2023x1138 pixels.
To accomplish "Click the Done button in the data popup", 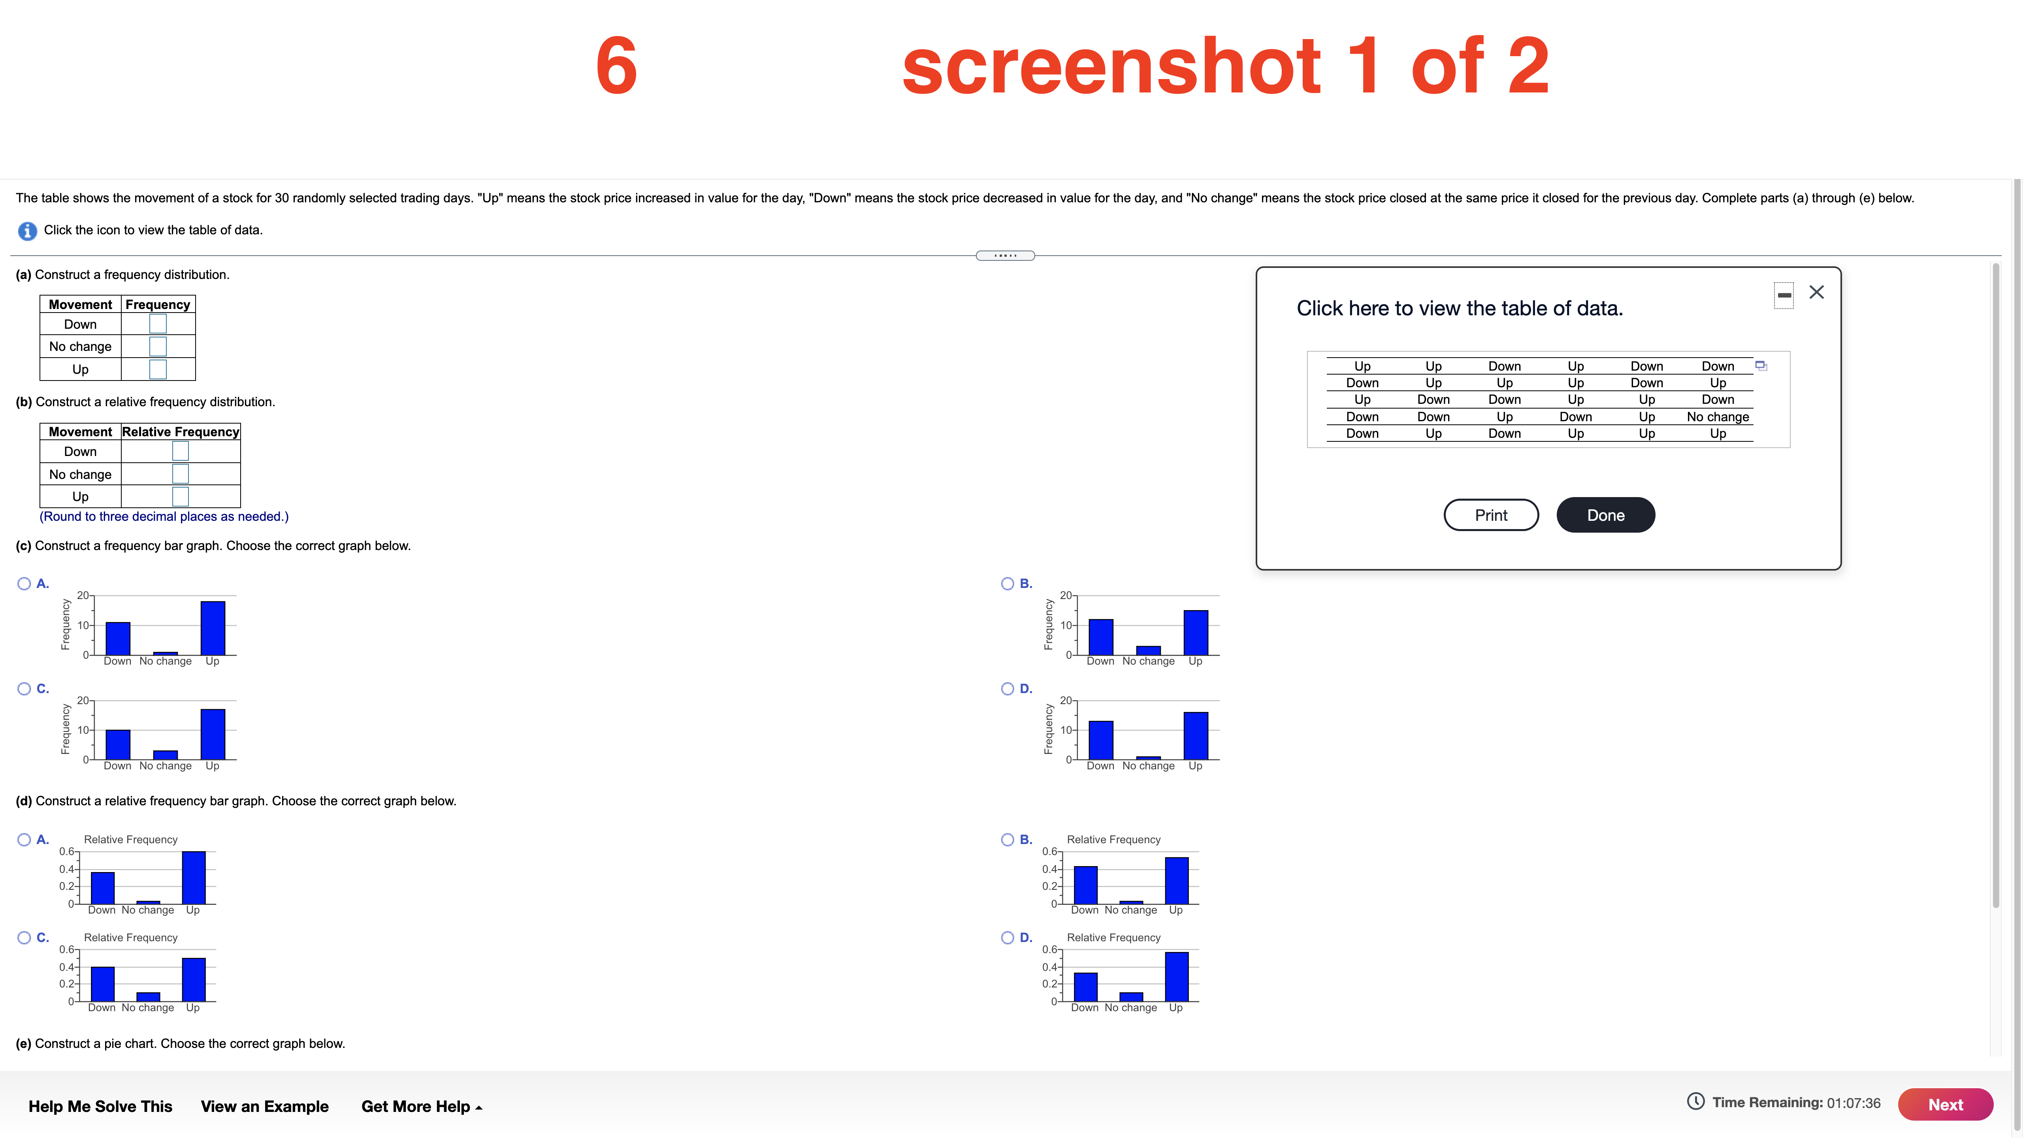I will click(1605, 515).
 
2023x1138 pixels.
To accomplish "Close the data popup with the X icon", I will click(1816, 292).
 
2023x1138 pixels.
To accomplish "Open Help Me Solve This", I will click(100, 1106).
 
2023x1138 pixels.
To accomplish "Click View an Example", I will click(265, 1106).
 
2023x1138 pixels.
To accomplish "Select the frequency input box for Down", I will click(158, 324).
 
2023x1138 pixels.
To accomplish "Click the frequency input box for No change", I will click(158, 347).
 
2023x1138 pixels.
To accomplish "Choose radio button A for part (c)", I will click(24, 584).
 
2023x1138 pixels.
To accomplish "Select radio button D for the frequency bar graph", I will click(1008, 689).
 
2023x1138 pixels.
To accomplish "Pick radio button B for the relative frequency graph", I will click(1008, 840).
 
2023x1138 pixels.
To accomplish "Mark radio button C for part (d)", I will click(24, 938).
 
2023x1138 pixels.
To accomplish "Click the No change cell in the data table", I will click(1718, 416).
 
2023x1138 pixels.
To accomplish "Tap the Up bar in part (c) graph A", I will click(213, 628).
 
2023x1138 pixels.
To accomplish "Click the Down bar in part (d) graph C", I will click(103, 984).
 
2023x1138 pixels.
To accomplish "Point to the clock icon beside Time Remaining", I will click(1695, 1102).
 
